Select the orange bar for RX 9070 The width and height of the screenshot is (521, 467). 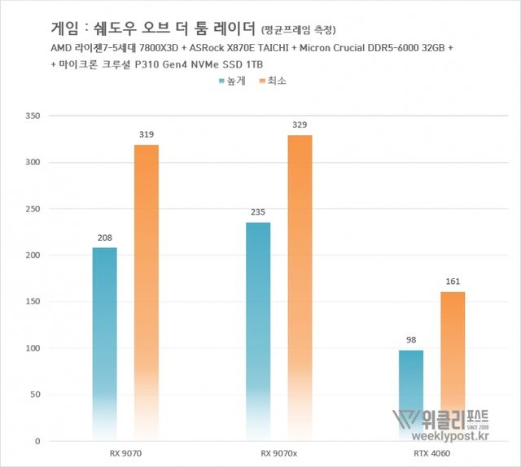pyautogui.click(x=147, y=293)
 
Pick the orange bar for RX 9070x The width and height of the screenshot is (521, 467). pyautogui.click(x=300, y=288)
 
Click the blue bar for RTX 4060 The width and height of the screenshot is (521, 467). pyautogui.click(x=411, y=395)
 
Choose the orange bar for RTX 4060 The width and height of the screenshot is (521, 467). pyautogui.click(x=453, y=366)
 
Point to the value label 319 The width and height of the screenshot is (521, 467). pyautogui.click(x=147, y=135)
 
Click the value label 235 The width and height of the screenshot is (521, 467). pyautogui.click(x=258, y=213)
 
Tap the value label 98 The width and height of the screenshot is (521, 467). pyautogui.click(x=411, y=341)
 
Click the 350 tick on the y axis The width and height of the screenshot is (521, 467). pyautogui.click(x=33, y=116)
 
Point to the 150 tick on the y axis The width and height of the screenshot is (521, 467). pyautogui.click(x=33, y=302)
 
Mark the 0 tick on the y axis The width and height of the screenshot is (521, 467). pyautogui.click(x=37, y=441)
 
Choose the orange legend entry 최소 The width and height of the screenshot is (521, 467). pyautogui.click(x=273, y=81)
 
